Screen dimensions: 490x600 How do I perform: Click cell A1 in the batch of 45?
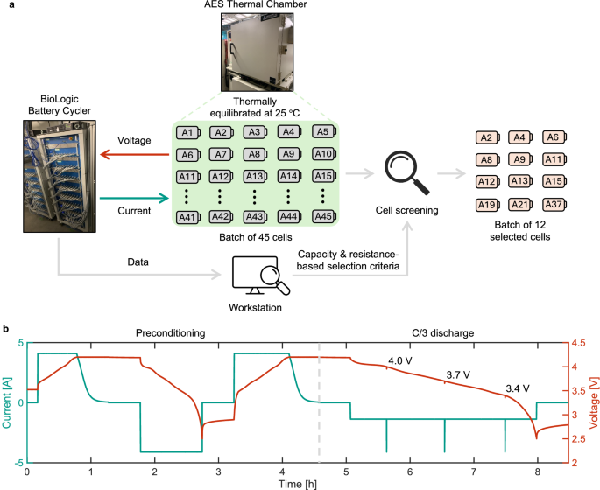[x=187, y=133]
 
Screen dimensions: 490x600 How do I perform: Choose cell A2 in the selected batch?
[x=487, y=137]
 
